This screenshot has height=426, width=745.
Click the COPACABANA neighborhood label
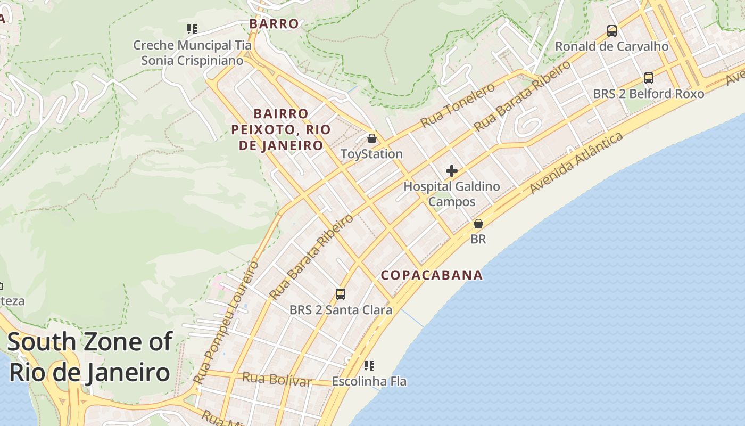click(432, 275)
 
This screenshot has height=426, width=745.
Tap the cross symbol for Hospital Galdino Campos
click(452, 171)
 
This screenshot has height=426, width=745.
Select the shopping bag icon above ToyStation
click(372, 138)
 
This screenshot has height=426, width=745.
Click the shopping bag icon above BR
click(478, 224)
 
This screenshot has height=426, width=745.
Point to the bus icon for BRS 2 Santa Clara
click(341, 294)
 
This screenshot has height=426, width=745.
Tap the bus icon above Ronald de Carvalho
click(612, 31)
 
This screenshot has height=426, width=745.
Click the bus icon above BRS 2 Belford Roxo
click(649, 78)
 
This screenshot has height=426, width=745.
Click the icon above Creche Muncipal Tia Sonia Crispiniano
click(192, 29)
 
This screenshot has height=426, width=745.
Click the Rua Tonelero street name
click(458, 105)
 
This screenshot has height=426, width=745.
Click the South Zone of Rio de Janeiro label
click(89, 357)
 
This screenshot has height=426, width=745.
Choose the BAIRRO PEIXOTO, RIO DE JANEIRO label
click(281, 129)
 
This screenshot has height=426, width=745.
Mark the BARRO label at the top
click(274, 24)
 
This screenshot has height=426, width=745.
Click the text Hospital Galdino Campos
click(452, 194)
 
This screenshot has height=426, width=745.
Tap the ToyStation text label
click(371, 154)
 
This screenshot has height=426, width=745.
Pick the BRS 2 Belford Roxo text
click(649, 94)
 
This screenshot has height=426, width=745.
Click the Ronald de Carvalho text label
click(612, 46)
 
